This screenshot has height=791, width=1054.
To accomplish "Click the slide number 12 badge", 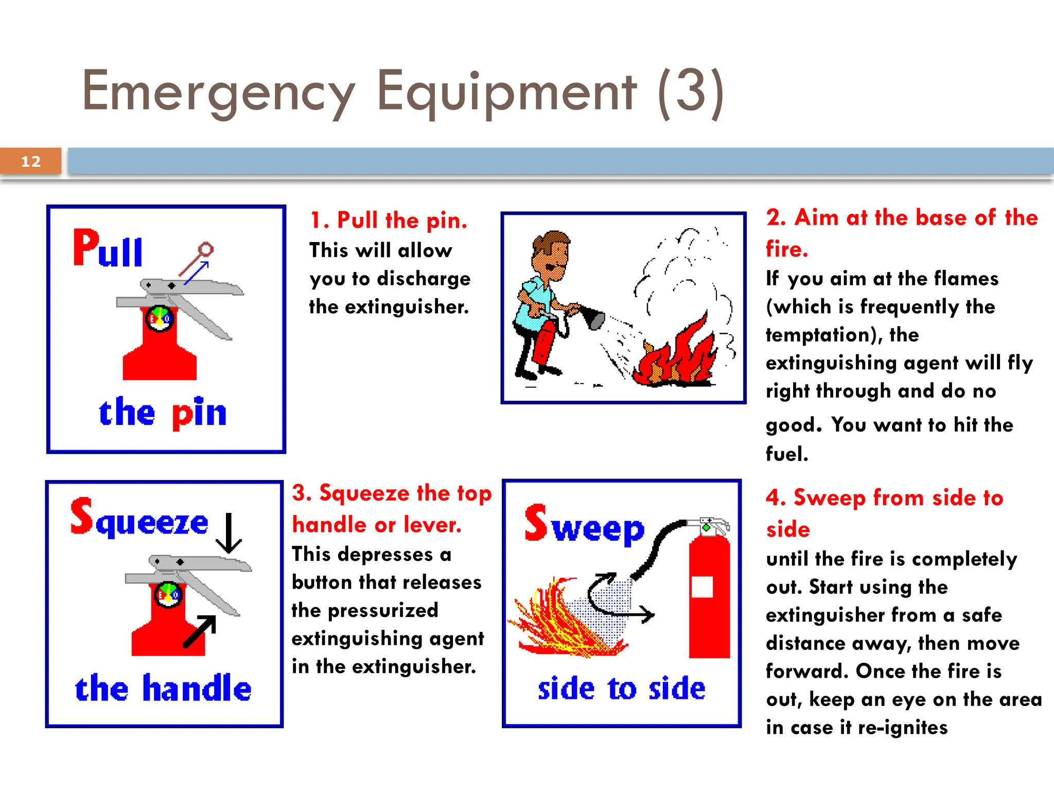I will pyautogui.click(x=31, y=161).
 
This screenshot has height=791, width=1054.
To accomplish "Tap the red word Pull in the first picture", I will pyautogui.click(x=108, y=249).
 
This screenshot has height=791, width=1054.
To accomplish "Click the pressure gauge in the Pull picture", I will pyautogui.click(x=160, y=318).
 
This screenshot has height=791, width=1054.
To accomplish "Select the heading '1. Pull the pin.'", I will pyautogui.click(x=389, y=220).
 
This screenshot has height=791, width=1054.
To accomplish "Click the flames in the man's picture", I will pyautogui.click(x=674, y=355).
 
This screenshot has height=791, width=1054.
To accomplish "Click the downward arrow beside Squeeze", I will pyautogui.click(x=229, y=534).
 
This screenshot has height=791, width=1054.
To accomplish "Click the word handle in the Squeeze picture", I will pyautogui.click(x=197, y=689).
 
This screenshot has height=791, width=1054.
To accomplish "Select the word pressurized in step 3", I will pyautogui.click(x=383, y=611).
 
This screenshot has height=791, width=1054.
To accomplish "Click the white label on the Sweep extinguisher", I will pyautogui.click(x=702, y=587).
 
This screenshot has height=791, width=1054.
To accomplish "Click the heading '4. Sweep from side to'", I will pyautogui.click(x=884, y=498).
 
